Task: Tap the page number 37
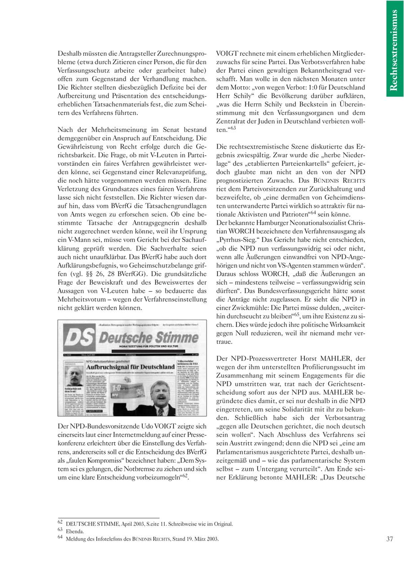389,539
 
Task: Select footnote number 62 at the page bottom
61,523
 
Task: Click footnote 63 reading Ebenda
75,531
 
